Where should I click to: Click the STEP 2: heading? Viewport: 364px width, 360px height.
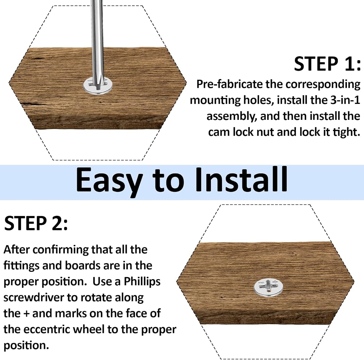tap(36, 223)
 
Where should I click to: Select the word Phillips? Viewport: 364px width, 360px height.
tap(142, 282)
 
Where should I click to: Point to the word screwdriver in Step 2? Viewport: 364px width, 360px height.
tap(33, 297)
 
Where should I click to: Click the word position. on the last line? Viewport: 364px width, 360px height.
tap(27, 346)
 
